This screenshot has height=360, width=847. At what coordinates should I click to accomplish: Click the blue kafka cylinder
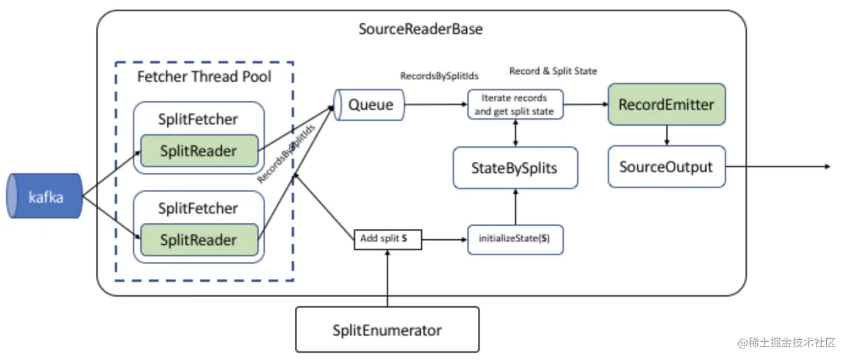[45, 196]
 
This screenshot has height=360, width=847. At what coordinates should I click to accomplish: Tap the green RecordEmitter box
[666, 104]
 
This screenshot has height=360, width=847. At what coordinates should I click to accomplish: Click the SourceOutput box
[666, 167]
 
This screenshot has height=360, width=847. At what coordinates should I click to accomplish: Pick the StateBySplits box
[515, 168]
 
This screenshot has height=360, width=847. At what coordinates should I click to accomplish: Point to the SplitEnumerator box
[387, 330]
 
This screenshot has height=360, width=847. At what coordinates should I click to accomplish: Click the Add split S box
[388, 239]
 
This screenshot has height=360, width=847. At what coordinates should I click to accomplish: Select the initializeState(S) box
[515, 239]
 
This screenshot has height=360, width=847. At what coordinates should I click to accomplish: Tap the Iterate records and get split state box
[515, 104]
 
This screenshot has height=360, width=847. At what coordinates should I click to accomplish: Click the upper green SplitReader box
[198, 151]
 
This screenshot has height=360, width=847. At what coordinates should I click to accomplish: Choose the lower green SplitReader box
[198, 239]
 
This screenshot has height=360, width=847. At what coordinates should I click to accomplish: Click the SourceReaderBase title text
[420, 29]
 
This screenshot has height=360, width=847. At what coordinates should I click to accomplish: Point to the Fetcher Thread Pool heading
[204, 77]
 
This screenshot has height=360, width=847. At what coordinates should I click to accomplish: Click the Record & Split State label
[553, 71]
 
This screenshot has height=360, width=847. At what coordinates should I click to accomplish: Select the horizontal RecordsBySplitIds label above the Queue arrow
[439, 76]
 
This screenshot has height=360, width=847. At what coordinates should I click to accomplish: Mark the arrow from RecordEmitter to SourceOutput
[666, 135]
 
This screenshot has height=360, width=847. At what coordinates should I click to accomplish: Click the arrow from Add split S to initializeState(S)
[445, 239]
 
